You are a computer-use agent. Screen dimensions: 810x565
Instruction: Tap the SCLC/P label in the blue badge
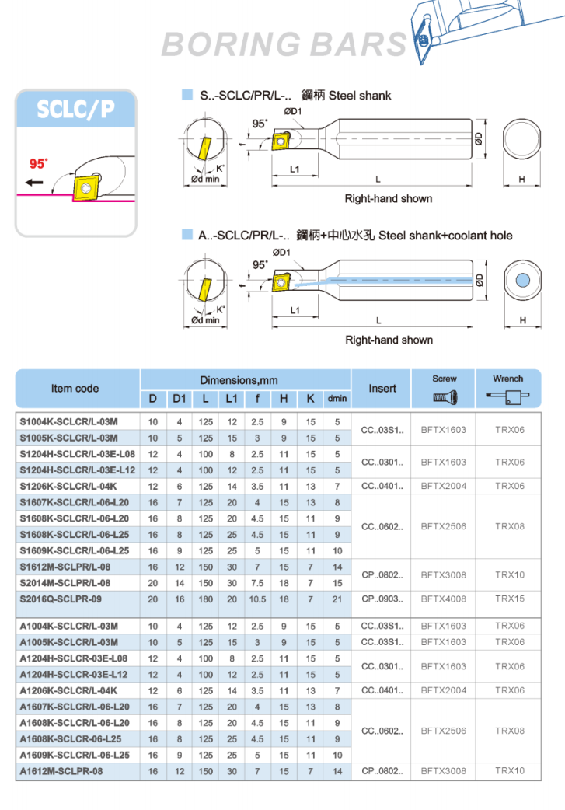[75, 110]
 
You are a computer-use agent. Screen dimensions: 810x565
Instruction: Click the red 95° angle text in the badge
[39, 163]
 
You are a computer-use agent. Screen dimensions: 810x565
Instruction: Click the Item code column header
[75, 388]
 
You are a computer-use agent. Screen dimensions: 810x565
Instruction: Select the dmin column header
[337, 399]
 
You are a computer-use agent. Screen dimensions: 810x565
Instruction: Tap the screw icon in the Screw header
[445, 398]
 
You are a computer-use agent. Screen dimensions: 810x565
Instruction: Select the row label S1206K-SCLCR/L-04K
[68, 486]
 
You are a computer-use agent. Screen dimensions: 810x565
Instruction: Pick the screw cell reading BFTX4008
[444, 599]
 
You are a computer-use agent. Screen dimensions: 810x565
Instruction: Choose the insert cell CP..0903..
[382, 599]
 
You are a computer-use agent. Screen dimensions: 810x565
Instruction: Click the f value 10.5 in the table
[257, 599]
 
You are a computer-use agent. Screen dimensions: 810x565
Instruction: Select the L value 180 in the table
[205, 599]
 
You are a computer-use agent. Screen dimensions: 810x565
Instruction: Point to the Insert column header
[382, 388]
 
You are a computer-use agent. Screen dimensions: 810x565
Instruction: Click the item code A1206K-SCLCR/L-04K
[68, 690]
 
